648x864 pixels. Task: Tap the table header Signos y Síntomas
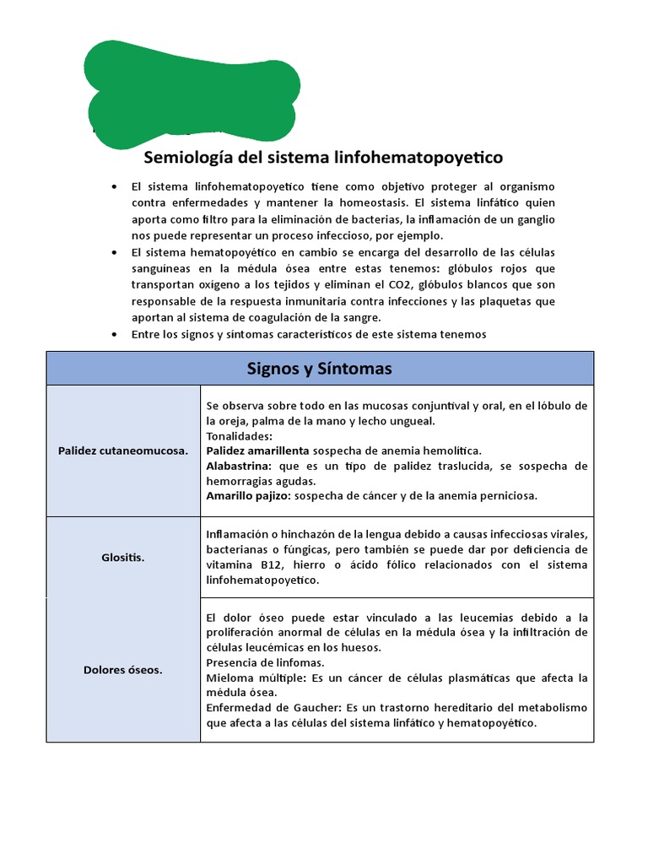320,369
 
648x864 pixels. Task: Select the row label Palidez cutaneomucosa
123,451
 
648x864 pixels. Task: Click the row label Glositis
123,558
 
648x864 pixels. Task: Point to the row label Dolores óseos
123,670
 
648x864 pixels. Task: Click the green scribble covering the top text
190,93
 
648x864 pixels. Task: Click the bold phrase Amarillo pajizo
248,495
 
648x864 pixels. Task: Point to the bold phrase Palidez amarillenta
257,451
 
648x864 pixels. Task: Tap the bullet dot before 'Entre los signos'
114,335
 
